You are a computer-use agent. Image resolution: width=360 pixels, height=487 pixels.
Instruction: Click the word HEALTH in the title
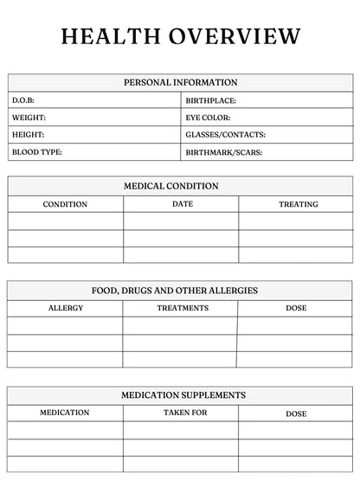(109, 36)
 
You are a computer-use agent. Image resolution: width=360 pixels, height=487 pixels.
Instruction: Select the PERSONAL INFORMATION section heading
(180, 82)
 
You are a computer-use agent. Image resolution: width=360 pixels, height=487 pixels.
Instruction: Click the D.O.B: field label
(22, 100)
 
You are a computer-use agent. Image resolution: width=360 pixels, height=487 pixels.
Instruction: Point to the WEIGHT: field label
(29, 118)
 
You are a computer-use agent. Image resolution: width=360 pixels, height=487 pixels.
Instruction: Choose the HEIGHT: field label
(28, 135)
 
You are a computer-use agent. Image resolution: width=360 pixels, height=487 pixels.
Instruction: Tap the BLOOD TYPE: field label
(36, 152)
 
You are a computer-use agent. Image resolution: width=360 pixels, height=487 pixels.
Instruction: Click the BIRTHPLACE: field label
(210, 100)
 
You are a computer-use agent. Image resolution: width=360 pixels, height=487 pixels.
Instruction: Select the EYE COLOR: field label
(208, 118)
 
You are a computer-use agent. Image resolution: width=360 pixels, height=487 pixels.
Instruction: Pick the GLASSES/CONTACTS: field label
(225, 135)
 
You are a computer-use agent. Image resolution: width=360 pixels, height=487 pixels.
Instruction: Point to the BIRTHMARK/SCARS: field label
(223, 152)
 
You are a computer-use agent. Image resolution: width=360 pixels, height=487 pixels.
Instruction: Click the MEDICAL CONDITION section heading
(180, 186)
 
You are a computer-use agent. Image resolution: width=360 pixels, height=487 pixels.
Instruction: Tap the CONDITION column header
(65, 205)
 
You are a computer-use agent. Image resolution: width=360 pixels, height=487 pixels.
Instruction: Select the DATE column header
(183, 204)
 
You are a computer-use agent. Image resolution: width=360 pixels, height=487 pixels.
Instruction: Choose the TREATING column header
(298, 205)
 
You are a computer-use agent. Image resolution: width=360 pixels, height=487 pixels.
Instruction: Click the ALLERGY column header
(66, 308)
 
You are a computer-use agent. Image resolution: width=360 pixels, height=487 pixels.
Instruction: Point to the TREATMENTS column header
(183, 308)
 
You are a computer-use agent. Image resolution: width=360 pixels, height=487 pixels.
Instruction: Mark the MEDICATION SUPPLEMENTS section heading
(183, 395)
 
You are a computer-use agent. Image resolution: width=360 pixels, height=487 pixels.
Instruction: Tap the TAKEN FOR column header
(185, 413)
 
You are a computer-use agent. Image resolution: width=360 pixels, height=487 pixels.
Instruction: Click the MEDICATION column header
(64, 413)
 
